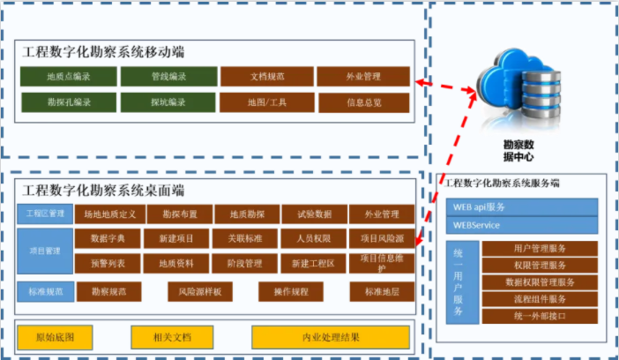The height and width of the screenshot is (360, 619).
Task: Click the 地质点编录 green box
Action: tap(68, 77)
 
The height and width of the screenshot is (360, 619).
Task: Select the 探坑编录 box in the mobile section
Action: tap(168, 102)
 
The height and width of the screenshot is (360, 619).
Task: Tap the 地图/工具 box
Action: tap(266, 102)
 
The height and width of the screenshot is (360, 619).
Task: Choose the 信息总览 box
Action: tap(364, 102)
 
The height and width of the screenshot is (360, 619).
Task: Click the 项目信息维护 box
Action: tap(381, 263)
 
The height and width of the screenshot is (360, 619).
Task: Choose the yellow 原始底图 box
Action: tap(55, 337)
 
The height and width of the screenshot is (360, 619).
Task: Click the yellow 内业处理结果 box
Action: tap(330, 337)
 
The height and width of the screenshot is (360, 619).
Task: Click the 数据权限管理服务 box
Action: tap(540, 282)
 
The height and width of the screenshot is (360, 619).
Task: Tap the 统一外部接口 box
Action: tap(540, 316)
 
